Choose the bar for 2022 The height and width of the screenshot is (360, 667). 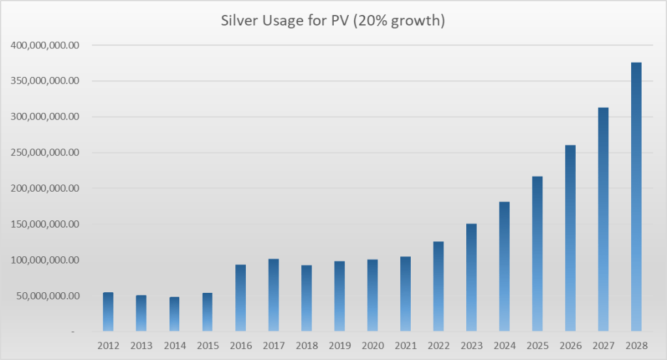[x=438, y=287]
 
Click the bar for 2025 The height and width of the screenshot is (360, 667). [x=537, y=254]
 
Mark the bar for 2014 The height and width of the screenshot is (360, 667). [x=174, y=314]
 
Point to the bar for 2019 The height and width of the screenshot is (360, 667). [x=339, y=296]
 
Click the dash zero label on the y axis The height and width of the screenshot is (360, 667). [x=73, y=331]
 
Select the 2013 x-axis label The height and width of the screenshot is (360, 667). [x=141, y=345]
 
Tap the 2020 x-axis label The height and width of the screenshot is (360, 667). [x=372, y=345]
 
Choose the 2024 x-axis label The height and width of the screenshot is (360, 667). [x=504, y=345]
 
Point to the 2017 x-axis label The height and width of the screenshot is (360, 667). [x=273, y=345]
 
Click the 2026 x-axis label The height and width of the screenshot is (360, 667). [x=570, y=345]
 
